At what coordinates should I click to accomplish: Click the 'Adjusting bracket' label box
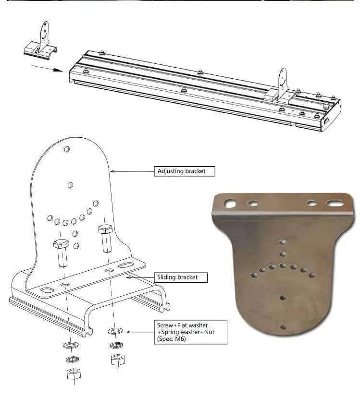click(x=184, y=171)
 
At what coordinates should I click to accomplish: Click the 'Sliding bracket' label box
click(x=181, y=277)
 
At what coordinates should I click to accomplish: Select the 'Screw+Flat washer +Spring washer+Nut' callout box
click(x=190, y=332)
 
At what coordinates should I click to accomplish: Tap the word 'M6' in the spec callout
click(x=179, y=339)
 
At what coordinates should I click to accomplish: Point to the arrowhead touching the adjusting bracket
click(x=113, y=171)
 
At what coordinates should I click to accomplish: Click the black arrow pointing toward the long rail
click(x=47, y=68)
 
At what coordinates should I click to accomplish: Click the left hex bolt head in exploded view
click(x=61, y=244)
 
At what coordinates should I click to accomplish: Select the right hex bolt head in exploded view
click(x=105, y=229)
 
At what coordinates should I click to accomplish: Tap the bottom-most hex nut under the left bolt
click(x=73, y=374)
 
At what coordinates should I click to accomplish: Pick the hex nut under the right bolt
click(x=118, y=360)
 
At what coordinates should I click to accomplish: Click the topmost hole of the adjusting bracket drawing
click(x=67, y=149)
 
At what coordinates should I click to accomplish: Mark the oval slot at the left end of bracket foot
click(x=46, y=290)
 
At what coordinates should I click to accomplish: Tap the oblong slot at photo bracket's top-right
click(x=335, y=203)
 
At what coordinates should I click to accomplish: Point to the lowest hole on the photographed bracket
click(x=283, y=327)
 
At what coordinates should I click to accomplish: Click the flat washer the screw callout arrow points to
click(x=115, y=331)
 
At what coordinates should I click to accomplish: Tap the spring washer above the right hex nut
click(x=117, y=345)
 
